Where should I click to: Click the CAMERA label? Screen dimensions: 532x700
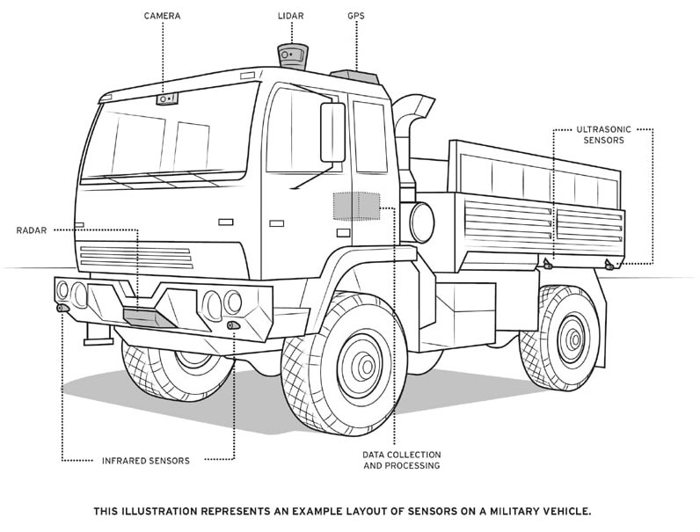(x=163, y=16)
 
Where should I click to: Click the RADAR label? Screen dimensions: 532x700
(x=33, y=230)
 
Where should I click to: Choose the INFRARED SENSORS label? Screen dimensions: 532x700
(x=146, y=460)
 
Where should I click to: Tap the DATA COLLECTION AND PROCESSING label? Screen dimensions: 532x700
(x=401, y=460)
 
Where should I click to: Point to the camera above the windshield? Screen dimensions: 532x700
(x=167, y=98)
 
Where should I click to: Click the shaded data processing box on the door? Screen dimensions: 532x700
(x=354, y=206)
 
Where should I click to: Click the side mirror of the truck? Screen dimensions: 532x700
(x=332, y=132)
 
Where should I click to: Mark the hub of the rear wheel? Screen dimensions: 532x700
(x=572, y=335)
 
